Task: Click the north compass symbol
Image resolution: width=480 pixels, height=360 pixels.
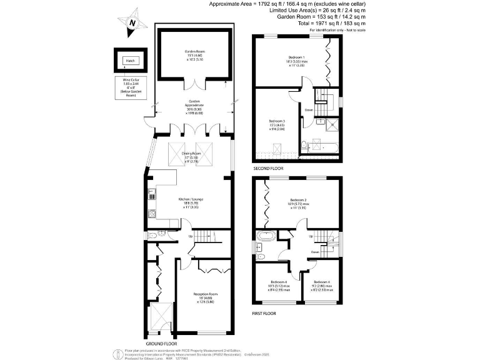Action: point(132,22)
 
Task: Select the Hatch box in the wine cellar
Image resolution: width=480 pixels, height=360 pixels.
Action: point(130,61)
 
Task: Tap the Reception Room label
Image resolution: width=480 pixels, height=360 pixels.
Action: point(204,299)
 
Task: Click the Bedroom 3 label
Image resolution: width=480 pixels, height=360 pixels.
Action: point(277,124)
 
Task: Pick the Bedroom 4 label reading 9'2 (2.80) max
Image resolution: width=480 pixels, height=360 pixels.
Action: point(322,285)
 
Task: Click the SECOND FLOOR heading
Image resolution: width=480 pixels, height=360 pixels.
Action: point(269,169)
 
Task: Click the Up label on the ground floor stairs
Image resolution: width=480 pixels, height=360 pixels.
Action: point(190,236)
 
